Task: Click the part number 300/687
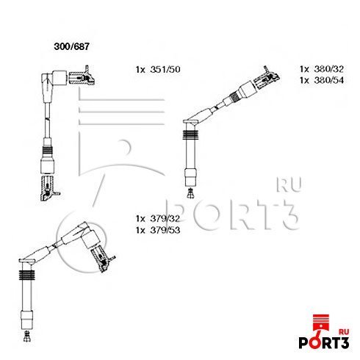click(x=72, y=46)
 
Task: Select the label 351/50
click(x=165, y=69)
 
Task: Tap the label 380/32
click(x=329, y=69)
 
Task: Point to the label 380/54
click(x=329, y=80)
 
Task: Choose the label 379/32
click(x=165, y=218)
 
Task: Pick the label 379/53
click(x=165, y=230)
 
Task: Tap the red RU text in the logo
click(x=344, y=332)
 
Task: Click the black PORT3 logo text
click(x=324, y=342)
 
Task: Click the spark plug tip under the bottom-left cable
click(x=26, y=336)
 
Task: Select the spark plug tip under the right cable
click(x=190, y=193)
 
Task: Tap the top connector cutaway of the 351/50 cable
click(x=82, y=76)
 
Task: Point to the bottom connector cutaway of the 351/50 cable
click(x=49, y=188)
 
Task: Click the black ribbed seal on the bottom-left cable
click(x=26, y=275)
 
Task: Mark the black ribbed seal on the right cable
click(x=190, y=135)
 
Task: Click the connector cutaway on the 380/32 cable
click(x=267, y=78)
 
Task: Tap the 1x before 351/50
click(x=141, y=70)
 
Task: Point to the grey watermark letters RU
click(x=289, y=184)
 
